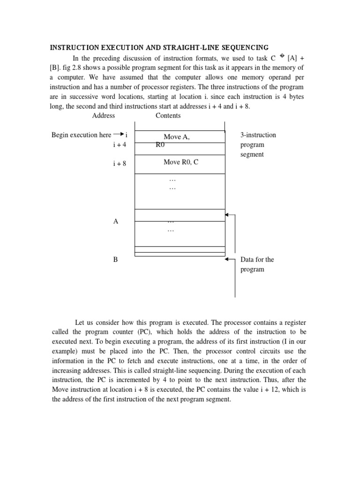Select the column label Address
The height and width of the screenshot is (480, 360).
coord(104,115)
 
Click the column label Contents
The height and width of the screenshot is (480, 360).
coord(168,115)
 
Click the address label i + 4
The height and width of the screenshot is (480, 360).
coord(120,145)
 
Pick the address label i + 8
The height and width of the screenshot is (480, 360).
coord(120,164)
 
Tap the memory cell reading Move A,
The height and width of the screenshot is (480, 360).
coord(176,136)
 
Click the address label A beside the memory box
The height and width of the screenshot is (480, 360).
coord(115,221)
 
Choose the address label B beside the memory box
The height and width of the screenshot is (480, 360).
coord(115,259)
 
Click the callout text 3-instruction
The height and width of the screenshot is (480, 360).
coord(258,135)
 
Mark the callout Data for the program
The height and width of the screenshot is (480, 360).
coord(257,264)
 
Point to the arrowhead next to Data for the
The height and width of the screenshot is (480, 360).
coord(227,259)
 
